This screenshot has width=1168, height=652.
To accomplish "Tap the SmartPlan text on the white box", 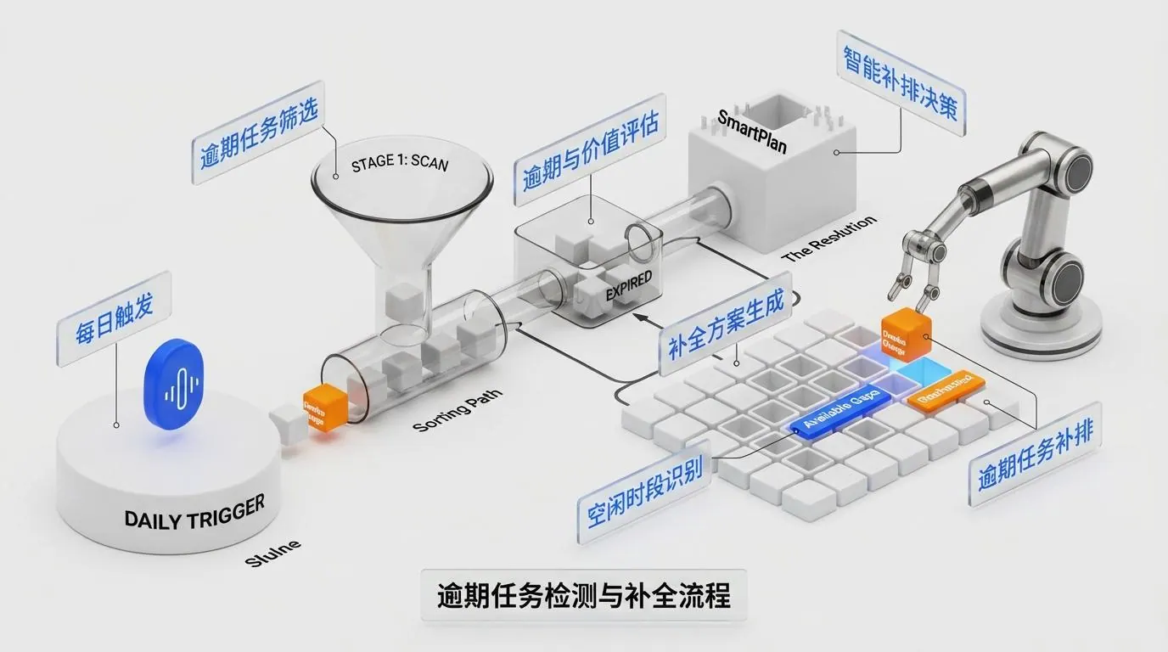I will click(x=752, y=132).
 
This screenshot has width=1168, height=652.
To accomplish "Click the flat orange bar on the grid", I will click(x=945, y=391).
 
